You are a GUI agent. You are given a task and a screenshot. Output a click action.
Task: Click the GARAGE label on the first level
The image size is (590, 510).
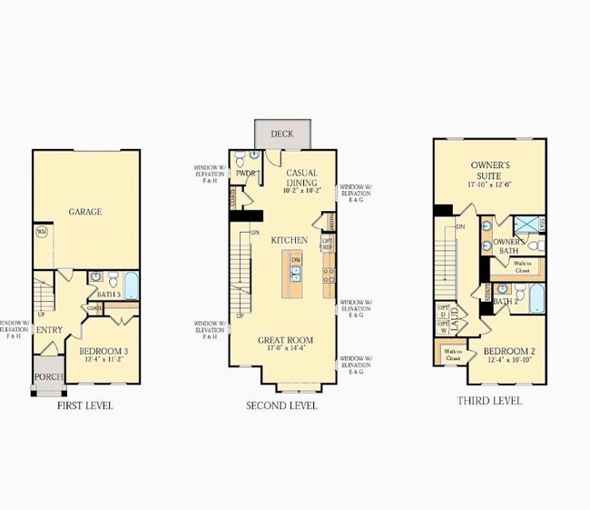[84, 212]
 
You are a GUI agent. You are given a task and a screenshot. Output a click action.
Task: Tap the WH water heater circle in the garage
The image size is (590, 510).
[42, 232]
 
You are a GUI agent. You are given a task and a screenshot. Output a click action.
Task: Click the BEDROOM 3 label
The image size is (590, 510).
[103, 351]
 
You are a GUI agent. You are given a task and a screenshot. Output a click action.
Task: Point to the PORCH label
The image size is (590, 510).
[47, 376]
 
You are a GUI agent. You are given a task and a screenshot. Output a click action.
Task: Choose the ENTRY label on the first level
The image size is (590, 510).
[47, 329]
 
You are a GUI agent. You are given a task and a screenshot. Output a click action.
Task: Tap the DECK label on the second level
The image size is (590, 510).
[282, 135]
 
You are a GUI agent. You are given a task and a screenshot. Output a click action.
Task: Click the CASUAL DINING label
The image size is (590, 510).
[300, 177]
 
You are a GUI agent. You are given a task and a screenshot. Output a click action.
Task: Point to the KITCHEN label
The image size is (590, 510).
[289, 240]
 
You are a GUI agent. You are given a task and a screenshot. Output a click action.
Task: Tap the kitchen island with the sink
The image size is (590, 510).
[295, 272]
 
